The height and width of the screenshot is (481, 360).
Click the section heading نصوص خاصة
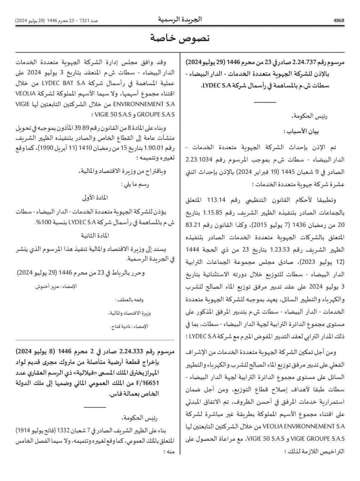point(180,38)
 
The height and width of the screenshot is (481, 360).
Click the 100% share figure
point(39,223)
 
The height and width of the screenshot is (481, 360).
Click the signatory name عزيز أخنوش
point(44,287)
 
